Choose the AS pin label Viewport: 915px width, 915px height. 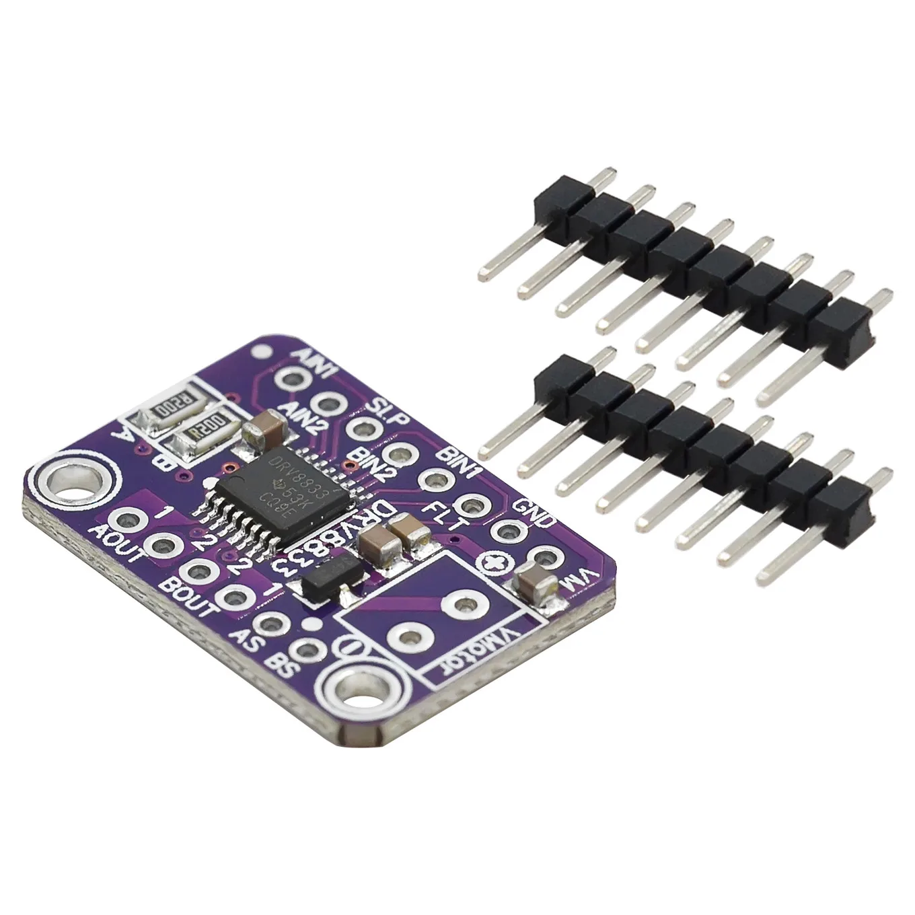pyautogui.click(x=244, y=636)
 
